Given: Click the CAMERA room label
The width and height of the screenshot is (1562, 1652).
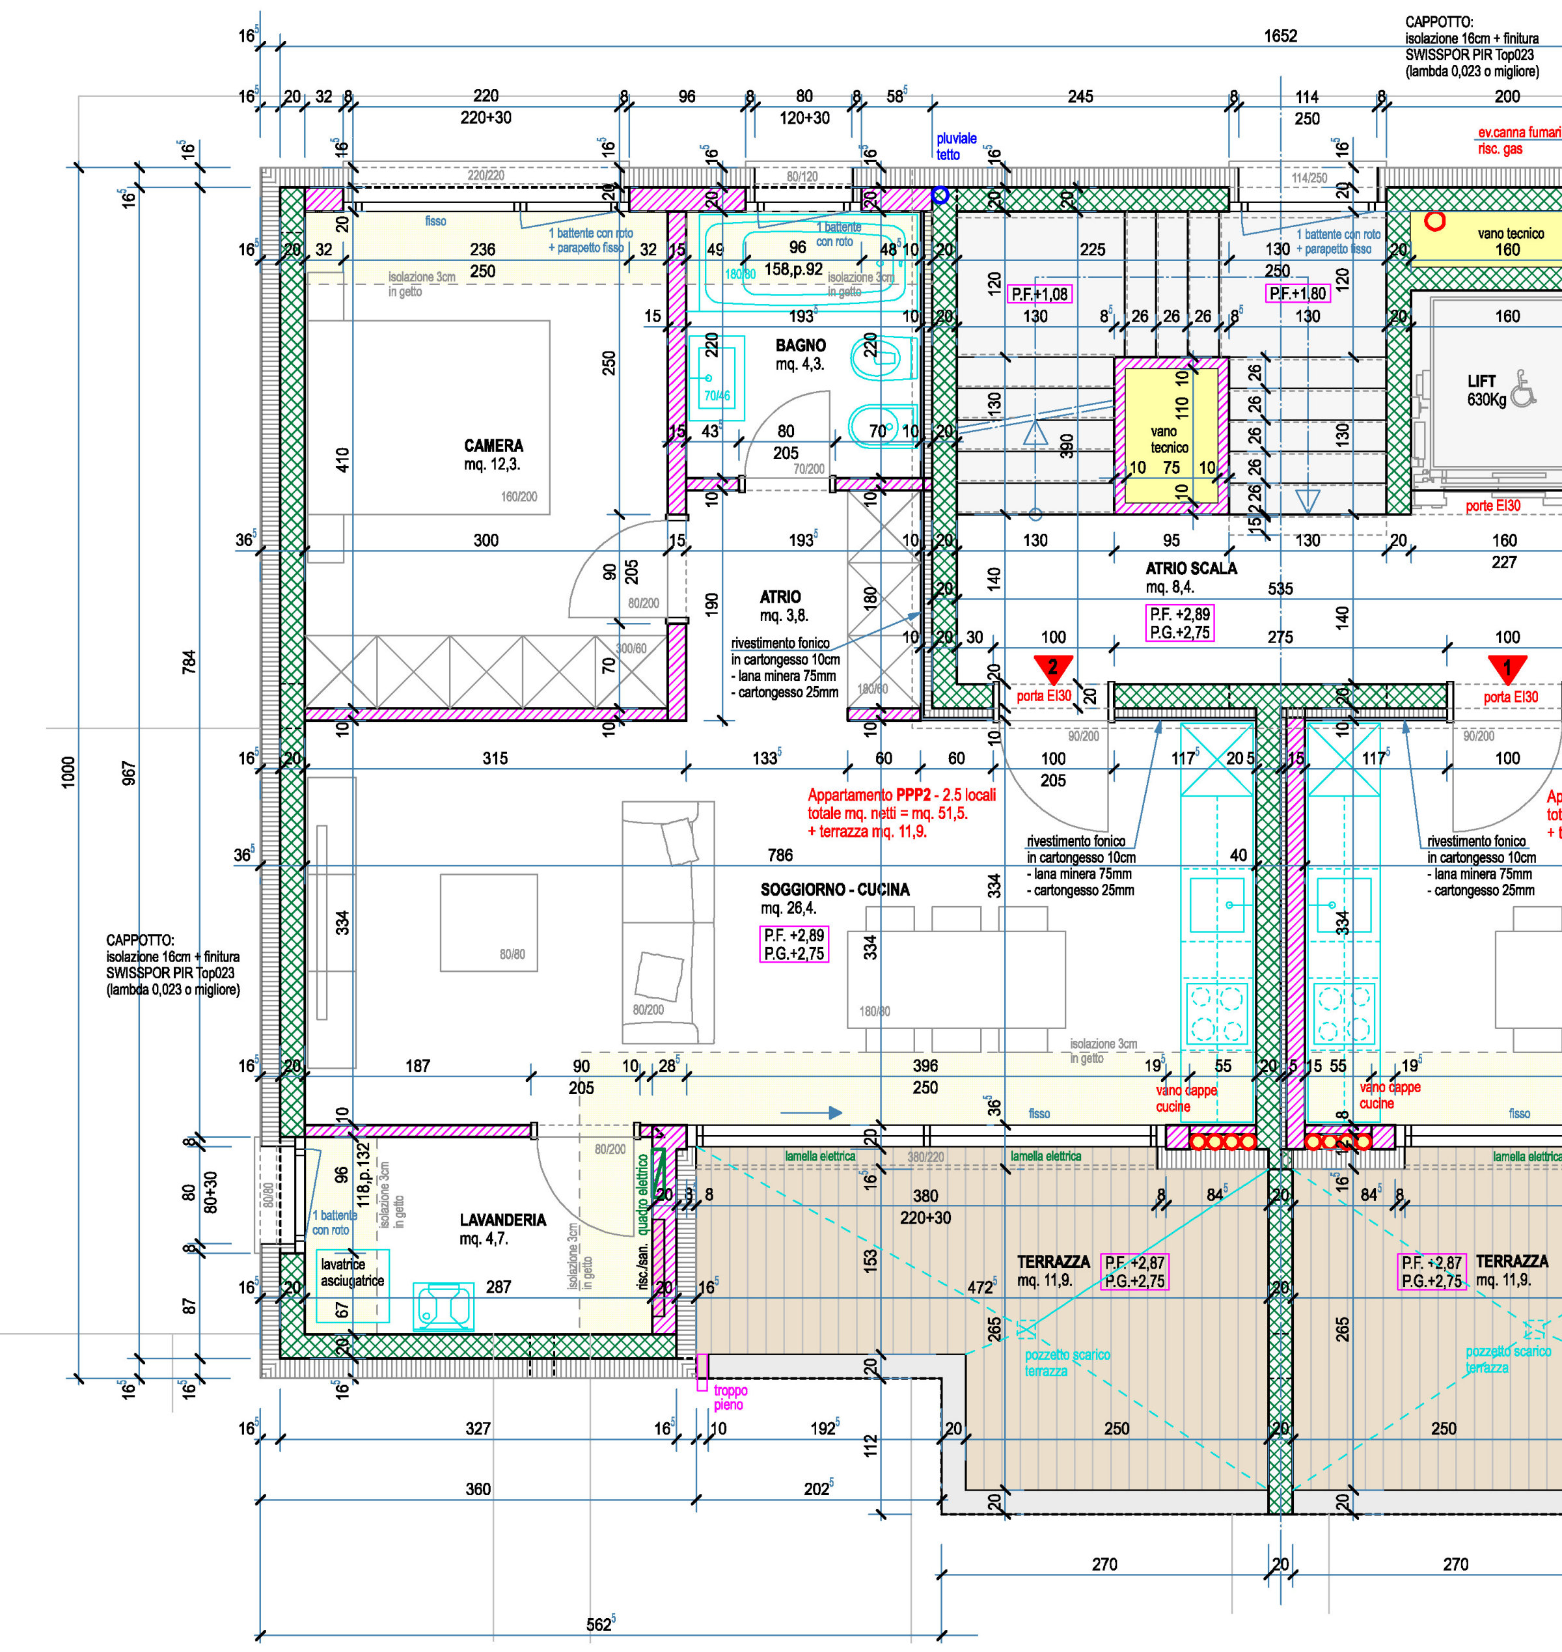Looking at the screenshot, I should coord(494,445).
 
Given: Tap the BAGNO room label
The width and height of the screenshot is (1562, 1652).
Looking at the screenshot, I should coord(800,346).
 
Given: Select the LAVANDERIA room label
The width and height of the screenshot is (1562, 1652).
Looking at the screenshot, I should coord(503,1220).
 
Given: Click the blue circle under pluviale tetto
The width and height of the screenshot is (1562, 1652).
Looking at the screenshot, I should coord(940,196).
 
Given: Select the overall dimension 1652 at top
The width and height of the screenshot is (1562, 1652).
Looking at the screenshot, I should coord(1280,36).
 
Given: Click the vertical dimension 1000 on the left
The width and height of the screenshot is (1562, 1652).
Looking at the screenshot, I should coord(68,772).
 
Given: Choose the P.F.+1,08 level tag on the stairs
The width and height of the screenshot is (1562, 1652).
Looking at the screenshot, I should coord(1039,294).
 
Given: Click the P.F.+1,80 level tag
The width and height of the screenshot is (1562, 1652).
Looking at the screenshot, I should coord(1297,294).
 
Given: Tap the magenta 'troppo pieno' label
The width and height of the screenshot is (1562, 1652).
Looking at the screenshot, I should coord(730,1397).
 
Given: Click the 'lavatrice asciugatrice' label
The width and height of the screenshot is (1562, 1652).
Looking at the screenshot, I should coord(352,1273).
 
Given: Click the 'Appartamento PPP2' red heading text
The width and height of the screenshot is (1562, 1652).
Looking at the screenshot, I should coord(901,795).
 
